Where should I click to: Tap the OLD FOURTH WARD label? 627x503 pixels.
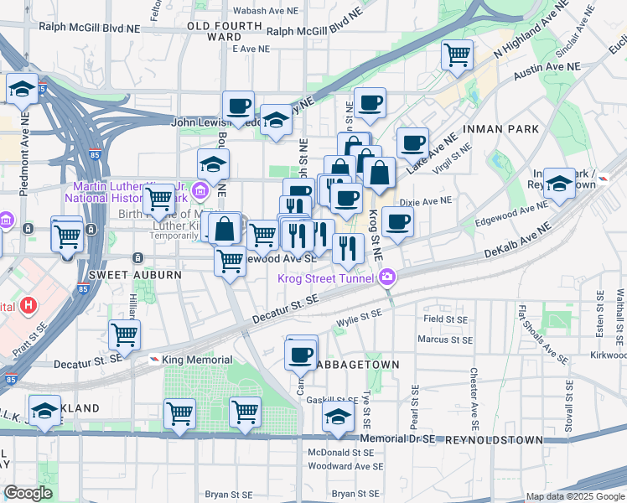pos(215,32)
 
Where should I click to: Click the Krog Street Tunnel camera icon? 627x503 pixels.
pos(387,277)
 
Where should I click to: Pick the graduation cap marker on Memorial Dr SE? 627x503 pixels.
pos(338,417)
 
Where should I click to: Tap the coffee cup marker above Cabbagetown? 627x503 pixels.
pos(301,353)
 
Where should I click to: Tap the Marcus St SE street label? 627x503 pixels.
pos(446,340)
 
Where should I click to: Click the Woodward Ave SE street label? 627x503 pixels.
pos(345,466)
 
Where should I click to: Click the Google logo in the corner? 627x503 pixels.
pos(27,493)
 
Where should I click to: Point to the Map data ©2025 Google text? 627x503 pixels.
pos(575,496)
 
